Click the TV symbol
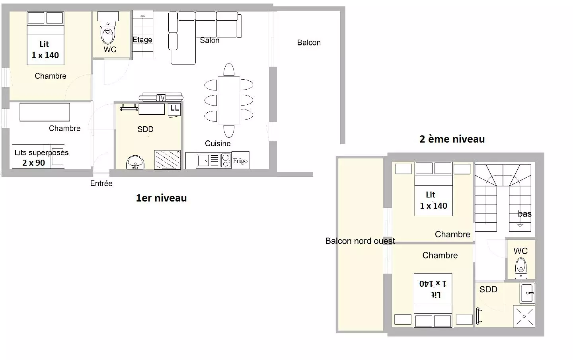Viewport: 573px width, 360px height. (161, 97)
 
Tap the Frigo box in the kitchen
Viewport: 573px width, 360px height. (240, 160)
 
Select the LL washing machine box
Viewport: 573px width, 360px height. (174, 110)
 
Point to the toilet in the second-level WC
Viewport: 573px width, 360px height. (521, 268)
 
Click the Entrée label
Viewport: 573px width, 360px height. (101, 183)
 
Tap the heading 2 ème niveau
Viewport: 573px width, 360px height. (452, 139)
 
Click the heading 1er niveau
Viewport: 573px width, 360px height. (161, 198)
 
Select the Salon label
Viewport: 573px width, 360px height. (210, 40)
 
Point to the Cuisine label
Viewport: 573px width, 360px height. (218, 143)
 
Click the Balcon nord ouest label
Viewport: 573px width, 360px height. (360, 241)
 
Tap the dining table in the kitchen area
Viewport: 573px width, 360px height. (229, 100)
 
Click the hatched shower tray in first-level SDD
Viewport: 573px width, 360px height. (167, 160)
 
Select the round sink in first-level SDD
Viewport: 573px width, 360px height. (135, 162)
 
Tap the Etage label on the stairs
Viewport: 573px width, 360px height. (142, 40)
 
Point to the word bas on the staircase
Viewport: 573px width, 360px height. (524, 214)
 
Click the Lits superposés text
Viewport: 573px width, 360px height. (41, 153)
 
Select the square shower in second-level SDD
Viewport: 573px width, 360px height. (524, 316)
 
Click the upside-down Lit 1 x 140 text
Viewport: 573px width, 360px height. (433, 289)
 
